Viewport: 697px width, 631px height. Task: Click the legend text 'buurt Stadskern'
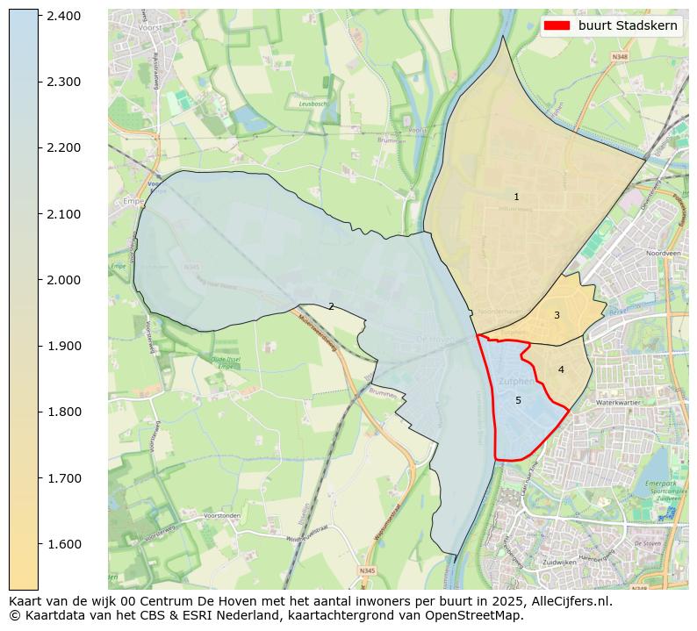pyautogui.click(x=628, y=25)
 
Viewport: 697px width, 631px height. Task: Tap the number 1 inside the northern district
pyautogui.click(x=516, y=197)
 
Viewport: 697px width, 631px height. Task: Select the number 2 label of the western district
pyautogui.click(x=331, y=306)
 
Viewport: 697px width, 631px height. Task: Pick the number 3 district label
pyautogui.click(x=557, y=315)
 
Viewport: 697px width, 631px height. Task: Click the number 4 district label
pyautogui.click(x=561, y=369)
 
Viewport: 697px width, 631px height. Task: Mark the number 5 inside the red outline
pyautogui.click(x=518, y=400)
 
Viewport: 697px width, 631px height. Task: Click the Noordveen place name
pyautogui.click(x=663, y=253)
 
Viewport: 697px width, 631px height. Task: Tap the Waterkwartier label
pyautogui.click(x=619, y=402)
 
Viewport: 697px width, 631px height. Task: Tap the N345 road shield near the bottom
pyautogui.click(x=366, y=570)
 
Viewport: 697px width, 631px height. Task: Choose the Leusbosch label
pyautogui.click(x=313, y=104)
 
